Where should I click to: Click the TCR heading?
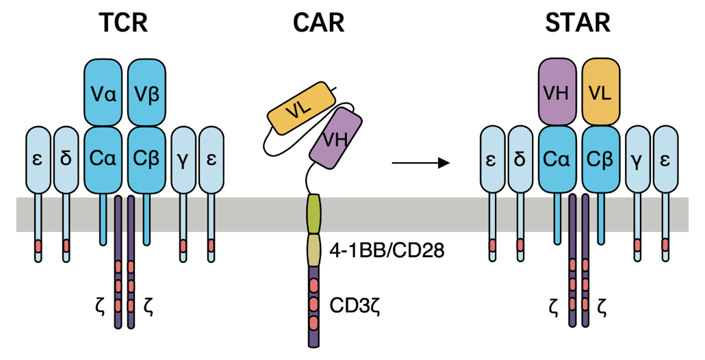click(124, 23)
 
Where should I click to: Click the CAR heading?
click(319, 23)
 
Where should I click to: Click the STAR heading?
click(578, 23)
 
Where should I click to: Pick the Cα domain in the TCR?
click(103, 160)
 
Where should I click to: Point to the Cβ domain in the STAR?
click(601, 160)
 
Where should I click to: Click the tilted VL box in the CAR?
click(301, 110)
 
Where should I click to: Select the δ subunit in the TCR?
click(66, 160)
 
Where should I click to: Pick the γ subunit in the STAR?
click(637, 160)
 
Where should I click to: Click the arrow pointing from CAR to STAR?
click(421, 163)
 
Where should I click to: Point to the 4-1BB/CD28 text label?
click(387, 250)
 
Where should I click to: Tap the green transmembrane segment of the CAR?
click(314, 214)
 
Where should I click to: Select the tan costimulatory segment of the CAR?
click(314, 250)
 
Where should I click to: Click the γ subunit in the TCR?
click(183, 160)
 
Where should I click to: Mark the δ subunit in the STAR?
click(520, 160)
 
